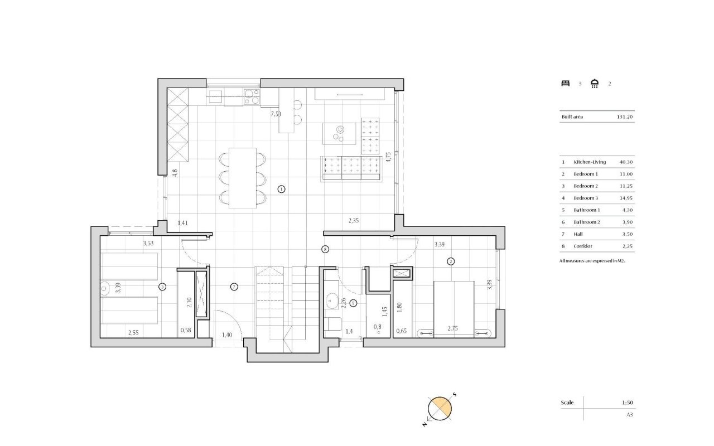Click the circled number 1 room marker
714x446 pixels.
coord(282,189)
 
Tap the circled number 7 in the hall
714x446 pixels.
coord(234,287)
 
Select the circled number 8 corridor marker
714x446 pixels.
coord(325,249)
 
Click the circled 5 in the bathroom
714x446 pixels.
coord(353,303)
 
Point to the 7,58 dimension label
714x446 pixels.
coord(276,114)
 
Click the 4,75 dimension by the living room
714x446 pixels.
coord(388,157)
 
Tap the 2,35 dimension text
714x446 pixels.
coord(354,220)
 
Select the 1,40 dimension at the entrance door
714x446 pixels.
coord(227,335)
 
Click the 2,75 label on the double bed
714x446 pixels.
coord(452,328)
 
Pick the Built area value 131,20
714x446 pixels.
coord(625,117)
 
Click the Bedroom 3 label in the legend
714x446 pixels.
coord(586,198)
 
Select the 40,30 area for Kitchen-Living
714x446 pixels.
coord(626,162)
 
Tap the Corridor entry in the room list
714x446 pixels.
coord(583,246)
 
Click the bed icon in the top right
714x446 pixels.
coord(566,84)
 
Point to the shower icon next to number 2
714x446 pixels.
coord(595,84)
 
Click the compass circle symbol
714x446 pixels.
coord(440,409)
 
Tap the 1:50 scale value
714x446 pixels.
coord(628,403)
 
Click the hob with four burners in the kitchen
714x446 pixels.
coord(252,97)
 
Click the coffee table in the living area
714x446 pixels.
coord(339,133)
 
